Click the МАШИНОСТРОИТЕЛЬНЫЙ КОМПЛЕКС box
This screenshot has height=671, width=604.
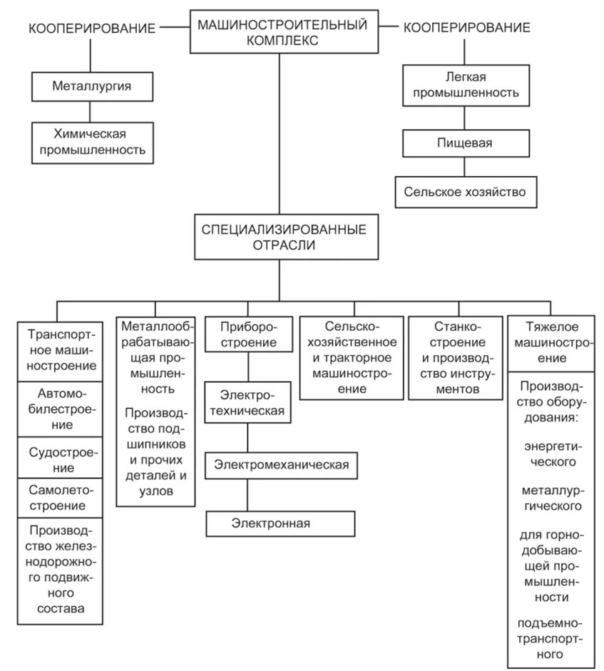(x=284, y=31)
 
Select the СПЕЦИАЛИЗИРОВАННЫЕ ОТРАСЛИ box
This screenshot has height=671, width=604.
(x=286, y=237)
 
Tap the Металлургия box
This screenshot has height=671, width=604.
(x=92, y=86)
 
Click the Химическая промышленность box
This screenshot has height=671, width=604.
(x=92, y=143)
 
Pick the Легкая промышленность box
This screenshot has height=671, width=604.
(x=466, y=85)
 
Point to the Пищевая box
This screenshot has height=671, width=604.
(x=466, y=143)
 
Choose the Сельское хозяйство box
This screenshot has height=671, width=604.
(x=466, y=192)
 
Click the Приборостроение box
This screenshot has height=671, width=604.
(x=249, y=334)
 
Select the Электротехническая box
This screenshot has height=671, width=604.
(x=247, y=402)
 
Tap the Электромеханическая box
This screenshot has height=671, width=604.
(x=281, y=465)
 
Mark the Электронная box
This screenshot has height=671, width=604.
(x=280, y=523)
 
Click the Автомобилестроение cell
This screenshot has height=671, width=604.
(x=60, y=409)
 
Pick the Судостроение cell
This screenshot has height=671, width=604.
(x=60, y=458)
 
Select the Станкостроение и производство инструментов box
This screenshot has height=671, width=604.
(x=456, y=358)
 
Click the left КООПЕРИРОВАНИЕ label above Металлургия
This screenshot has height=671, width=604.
(x=92, y=29)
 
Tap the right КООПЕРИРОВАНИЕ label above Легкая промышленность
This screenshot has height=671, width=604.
(x=467, y=28)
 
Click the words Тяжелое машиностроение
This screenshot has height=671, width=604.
(x=552, y=342)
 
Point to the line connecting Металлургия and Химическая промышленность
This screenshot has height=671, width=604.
(x=90, y=112)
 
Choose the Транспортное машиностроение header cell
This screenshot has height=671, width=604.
(x=60, y=352)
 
